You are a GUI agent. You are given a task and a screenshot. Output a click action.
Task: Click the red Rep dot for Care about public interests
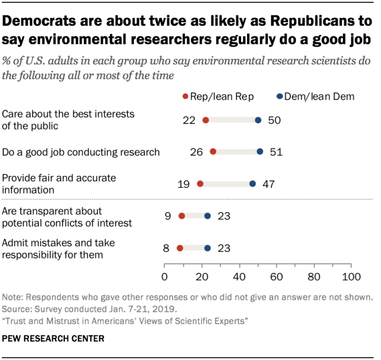pos(206,120)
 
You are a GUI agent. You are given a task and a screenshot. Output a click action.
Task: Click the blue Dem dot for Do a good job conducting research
pos(260,151)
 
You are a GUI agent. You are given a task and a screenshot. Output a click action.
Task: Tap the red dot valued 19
pos(200,184)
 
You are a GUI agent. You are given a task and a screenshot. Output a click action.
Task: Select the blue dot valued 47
pos(252,184)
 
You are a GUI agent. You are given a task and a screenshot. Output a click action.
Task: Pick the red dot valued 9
pos(182,216)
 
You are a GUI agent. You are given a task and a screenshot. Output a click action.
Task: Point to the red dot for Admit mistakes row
pos(180,248)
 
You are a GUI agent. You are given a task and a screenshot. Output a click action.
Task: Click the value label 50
pos(274,120)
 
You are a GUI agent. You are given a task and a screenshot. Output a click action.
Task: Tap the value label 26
pos(197,151)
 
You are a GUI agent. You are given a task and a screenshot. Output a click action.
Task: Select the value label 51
pos(276,151)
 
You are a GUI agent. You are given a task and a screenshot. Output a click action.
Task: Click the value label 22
pos(190,120)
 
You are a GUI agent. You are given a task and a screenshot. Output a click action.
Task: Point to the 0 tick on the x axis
pos(165,277)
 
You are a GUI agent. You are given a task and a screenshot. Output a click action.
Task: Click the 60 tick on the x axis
pos(277,277)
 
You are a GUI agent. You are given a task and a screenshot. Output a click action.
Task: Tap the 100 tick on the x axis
pos(352,277)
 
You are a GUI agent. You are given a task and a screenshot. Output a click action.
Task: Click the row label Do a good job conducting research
pos(81,152)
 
